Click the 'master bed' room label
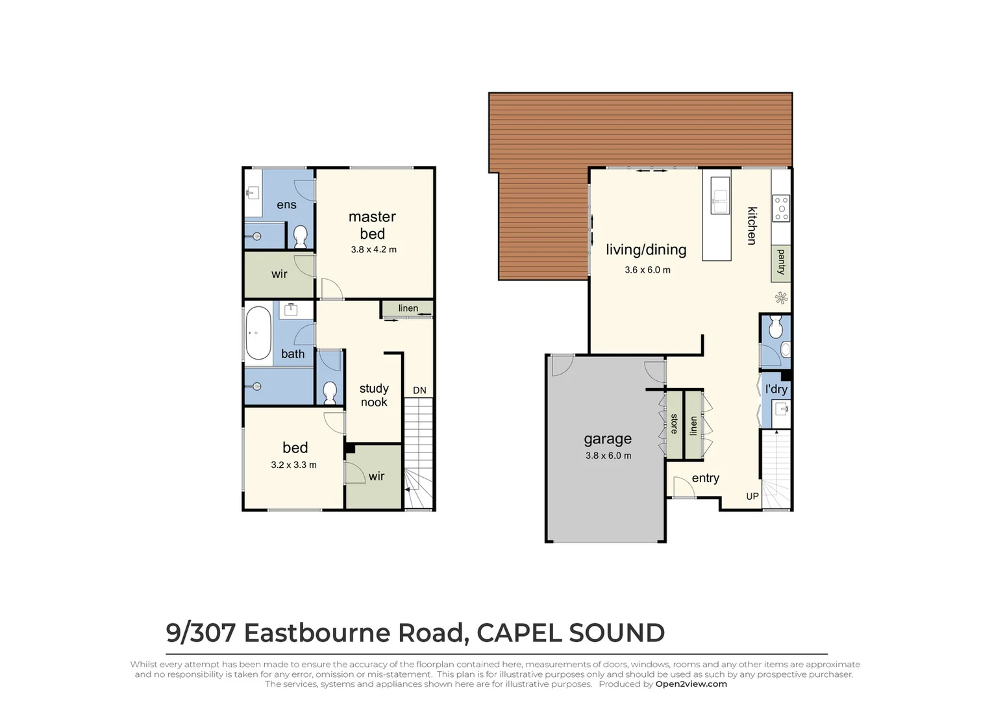(372, 225)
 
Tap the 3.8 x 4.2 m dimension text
(373, 249)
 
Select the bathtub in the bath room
(258, 333)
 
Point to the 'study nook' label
(374, 395)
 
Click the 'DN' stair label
(419, 390)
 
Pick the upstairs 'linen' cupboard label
(408, 308)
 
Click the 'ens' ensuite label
(286, 205)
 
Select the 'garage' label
(608, 439)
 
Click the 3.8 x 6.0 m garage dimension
(608, 456)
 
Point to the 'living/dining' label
(646, 250)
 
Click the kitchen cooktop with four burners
(781, 208)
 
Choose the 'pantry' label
(781, 262)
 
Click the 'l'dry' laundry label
(776, 389)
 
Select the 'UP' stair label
(752, 497)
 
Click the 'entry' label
(705, 478)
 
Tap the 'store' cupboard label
(674, 424)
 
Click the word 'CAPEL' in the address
(519, 633)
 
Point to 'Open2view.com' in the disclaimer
(691, 683)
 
